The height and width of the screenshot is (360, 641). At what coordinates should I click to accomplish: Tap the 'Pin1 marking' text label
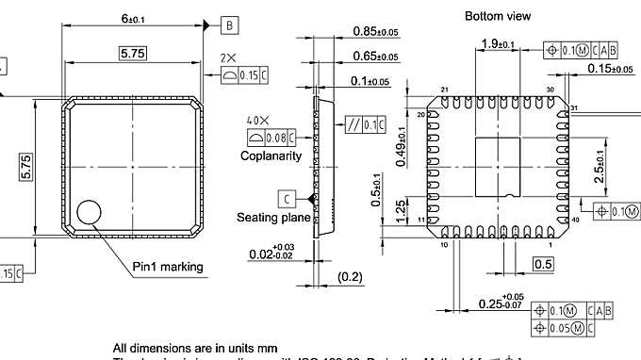[x=167, y=267]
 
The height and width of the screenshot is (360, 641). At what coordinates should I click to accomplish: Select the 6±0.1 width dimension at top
[x=132, y=19]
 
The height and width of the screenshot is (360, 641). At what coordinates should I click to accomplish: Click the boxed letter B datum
[x=229, y=25]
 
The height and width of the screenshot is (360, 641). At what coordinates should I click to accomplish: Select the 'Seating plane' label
[x=272, y=217]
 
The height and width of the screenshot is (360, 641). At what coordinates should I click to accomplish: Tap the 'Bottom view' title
[x=498, y=16]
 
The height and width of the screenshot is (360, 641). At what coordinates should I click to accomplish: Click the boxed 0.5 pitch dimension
[x=543, y=265]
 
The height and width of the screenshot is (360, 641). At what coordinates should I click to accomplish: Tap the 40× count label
[x=257, y=122]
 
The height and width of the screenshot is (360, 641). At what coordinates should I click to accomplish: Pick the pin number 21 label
[x=443, y=90]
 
